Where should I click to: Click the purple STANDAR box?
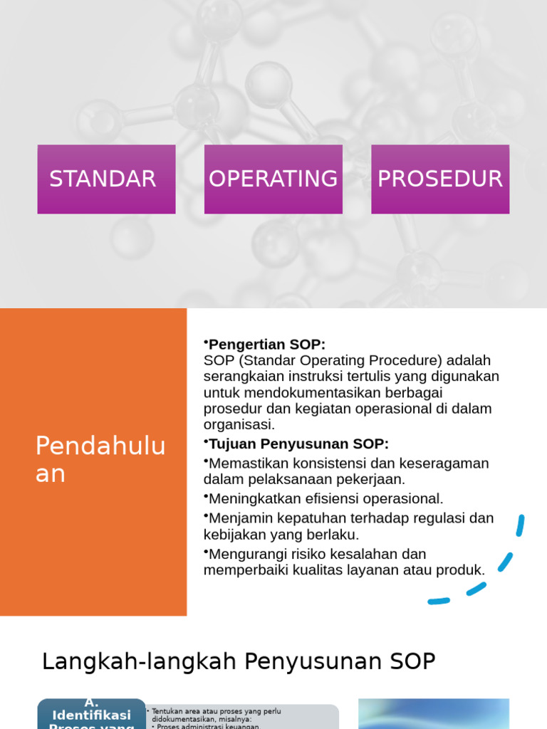click(x=106, y=179)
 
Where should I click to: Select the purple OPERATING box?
click(x=273, y=179)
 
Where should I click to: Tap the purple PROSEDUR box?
click(x=439, y=179)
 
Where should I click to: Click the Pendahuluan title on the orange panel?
click(x=100, y=459)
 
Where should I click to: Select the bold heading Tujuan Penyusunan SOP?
click(x=298, y=444)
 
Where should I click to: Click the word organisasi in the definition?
click(x=239, y=425)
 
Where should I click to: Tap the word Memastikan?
click(x=246, y=463)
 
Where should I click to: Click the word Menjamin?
click(x=239, y=518)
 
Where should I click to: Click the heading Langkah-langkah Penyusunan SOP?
click(x=239, y=661)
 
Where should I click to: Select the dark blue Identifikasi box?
click(x=91, y=714)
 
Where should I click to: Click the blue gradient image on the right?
click(x=433, y=713)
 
